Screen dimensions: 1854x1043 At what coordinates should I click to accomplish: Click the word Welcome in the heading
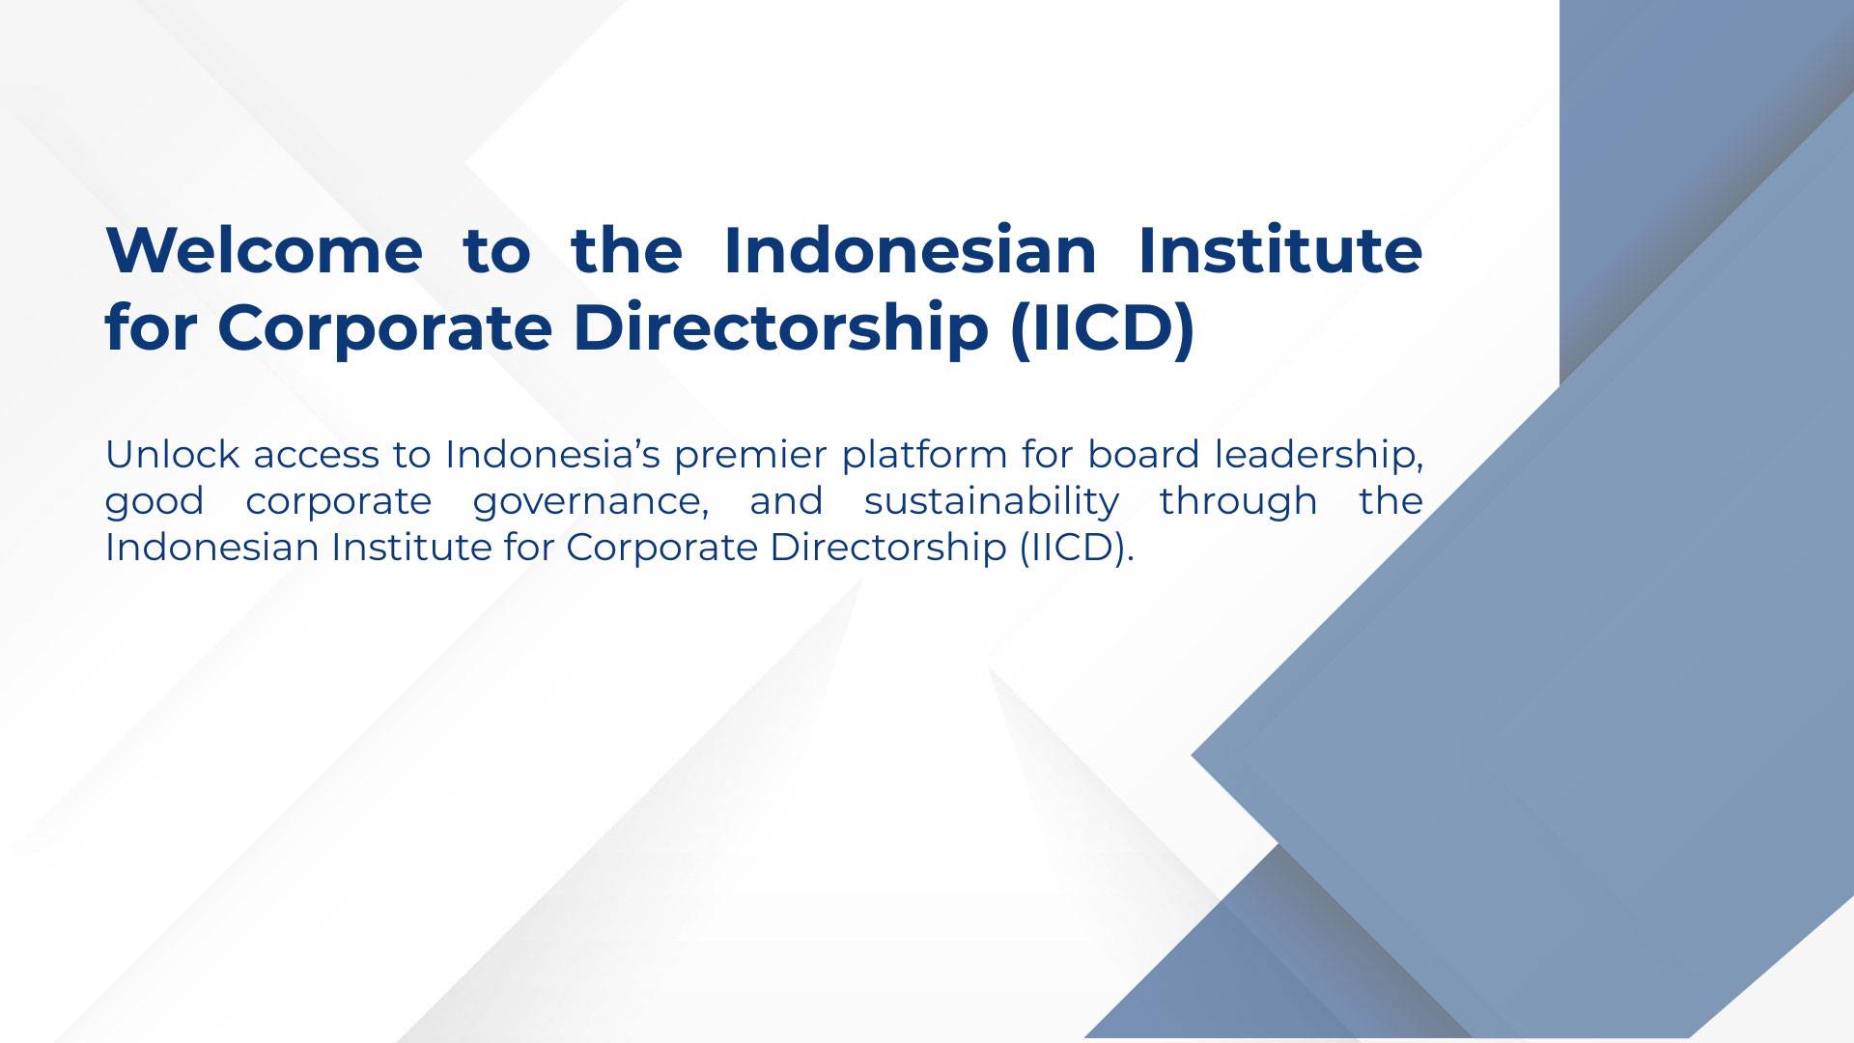[x=264, y=250]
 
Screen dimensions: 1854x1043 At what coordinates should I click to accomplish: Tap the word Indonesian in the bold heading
[x=910, y=250]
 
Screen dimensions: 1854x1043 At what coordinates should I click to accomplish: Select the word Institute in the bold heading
[x=1280, y=250]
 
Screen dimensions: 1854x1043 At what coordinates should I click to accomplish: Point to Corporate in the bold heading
[x=384, y=328]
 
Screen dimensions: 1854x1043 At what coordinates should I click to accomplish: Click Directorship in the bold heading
[x=781, y=328]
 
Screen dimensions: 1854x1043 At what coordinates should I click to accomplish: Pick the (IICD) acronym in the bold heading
[x=1103, y=328]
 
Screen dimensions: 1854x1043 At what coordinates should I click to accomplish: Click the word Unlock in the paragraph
[x=173, y=454]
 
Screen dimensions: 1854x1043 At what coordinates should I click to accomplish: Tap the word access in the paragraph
[x=316, y=456]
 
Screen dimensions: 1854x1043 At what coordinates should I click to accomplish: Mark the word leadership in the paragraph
[x=1315, y=456]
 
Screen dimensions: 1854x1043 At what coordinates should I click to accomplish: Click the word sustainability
[x=992, y=502]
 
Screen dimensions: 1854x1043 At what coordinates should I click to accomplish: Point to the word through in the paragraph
[x=1239, y=502]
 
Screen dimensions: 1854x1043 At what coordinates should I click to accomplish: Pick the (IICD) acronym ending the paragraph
[x=1073, y=548]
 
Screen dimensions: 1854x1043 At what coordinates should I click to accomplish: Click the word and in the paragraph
[x=786, y=500]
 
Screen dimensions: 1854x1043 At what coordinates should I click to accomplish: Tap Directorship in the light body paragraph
[x=887, y=549]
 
